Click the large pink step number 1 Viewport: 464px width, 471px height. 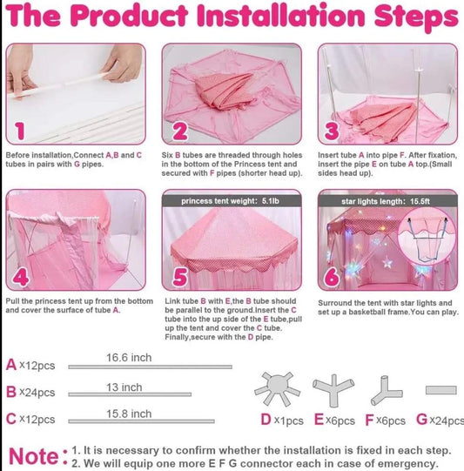pyautogui.click(x=20, y=131)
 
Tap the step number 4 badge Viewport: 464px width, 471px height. pyautogui.click(x=21, y=277)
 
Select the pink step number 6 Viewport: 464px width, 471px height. pyautogui.click(x=333, y=277)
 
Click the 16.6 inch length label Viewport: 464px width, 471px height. pyautogui.click(x=129, y=358)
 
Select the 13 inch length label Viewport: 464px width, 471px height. pyautogui.click(x=124, y=387)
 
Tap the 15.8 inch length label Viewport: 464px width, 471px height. pyautogui.click(x=129, y=414)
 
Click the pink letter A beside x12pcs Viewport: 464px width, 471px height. pyautogui.click(x=11, y=365)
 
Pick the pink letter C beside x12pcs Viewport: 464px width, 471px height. pyautogui.click(x=11, y=419)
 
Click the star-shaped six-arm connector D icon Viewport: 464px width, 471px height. pyautogui.click(x=277, y=388)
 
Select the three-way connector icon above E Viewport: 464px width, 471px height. pyautogui.click(x=333, y=389)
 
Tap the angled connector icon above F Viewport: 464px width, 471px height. pyautogui.click(x=386, y=391)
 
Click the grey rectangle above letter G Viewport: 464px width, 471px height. pyautogui.click(x=441, y=390)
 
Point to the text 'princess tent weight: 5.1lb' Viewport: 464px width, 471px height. pyautogui.click(x=230, y=201)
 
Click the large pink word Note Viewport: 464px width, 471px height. pyautogui.click(x=34, y=456)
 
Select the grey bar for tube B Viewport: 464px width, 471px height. pyautogui.click(x=130, y=394)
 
